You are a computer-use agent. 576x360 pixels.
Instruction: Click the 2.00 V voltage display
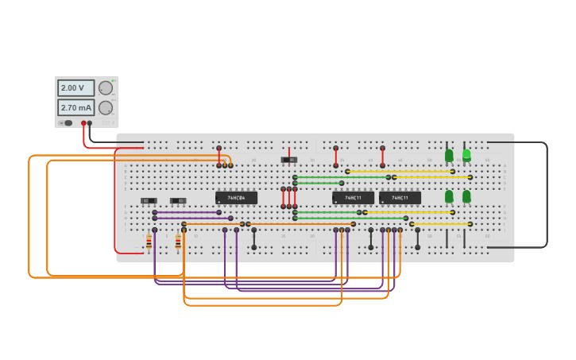tap(75, 88)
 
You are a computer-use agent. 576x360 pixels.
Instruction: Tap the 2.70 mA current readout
tap(75, 107)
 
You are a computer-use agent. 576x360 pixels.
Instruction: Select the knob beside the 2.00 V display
tap(105, 88)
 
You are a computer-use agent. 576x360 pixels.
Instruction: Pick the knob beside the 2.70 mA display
tap(105, 107)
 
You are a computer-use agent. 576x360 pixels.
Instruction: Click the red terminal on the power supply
tap(83, 123)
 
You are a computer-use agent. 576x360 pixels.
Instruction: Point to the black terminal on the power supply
tap(90, 123)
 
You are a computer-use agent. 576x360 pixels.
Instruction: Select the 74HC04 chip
tap(236, 198)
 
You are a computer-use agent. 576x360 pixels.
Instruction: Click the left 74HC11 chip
tap(353, 198)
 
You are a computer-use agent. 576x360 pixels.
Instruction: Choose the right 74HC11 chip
tap(400, 198)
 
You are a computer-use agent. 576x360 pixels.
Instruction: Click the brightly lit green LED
tap(466, 155)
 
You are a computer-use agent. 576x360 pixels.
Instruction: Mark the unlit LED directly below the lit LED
tap(466, 195)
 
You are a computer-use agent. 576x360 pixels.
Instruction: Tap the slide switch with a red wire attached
tap(289, 160)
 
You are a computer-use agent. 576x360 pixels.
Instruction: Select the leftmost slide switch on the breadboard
tap(149, 201)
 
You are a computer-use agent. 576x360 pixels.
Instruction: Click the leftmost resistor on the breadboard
tap(149, 242)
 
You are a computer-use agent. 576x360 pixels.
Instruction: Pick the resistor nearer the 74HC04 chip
tap(178, 242)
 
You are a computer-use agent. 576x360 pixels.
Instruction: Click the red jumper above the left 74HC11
tap(335, 157)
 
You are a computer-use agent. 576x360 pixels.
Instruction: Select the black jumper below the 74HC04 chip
tap(254, 238)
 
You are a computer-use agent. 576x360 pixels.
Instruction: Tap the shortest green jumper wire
tap(318, 184)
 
